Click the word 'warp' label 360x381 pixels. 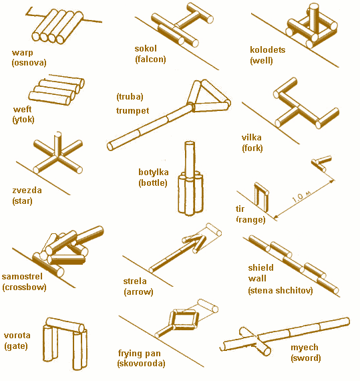click(x=22, y=53)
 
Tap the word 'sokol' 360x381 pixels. click(x=146, y=48)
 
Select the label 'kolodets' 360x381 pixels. click(x=268, y=50)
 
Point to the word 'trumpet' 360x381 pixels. click(x=132, y=110)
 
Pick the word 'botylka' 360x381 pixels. click(x=154, y=172)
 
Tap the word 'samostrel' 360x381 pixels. click(x=22, y=277)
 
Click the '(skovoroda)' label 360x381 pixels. click(x=141, y=364)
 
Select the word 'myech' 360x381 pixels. click(x=305, y=348)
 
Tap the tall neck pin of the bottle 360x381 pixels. click(x=190, y=158)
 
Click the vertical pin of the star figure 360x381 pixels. click(x=57, y=143)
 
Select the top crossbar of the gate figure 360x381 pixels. click(x=65, y=325)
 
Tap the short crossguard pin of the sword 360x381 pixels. click(x=254, y=341)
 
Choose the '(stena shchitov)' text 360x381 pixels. click(x=281, y=291)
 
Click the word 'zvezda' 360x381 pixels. click(x=27, y=190)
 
